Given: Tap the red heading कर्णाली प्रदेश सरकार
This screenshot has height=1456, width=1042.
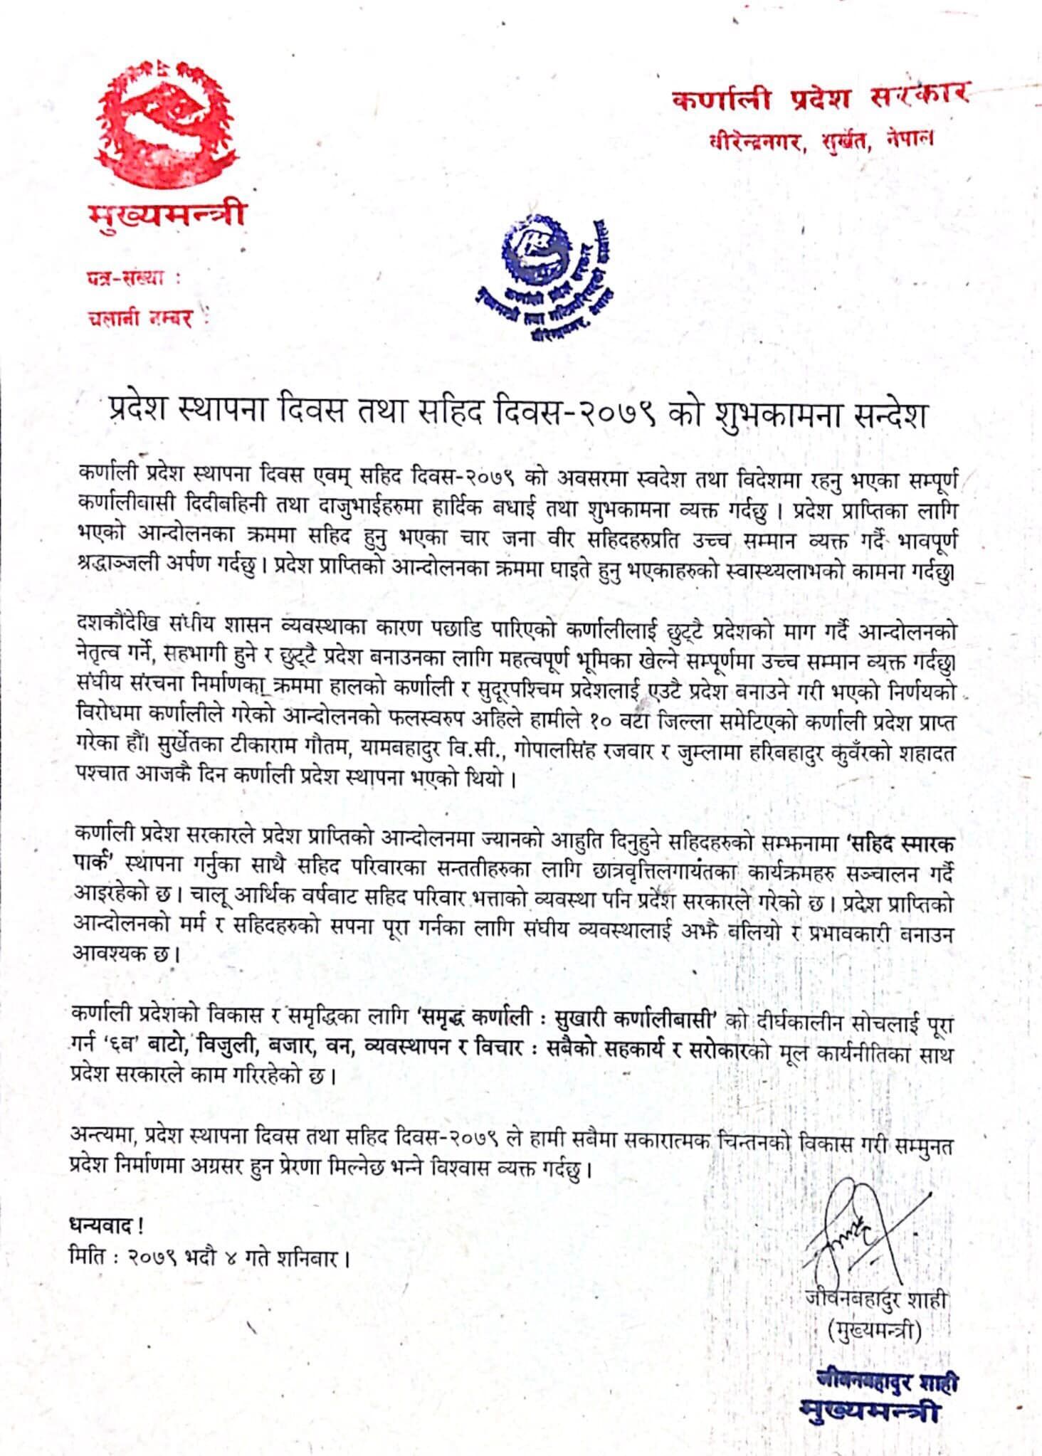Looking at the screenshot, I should point(819,97).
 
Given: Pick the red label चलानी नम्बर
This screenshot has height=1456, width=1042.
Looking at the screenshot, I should point(141,318).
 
